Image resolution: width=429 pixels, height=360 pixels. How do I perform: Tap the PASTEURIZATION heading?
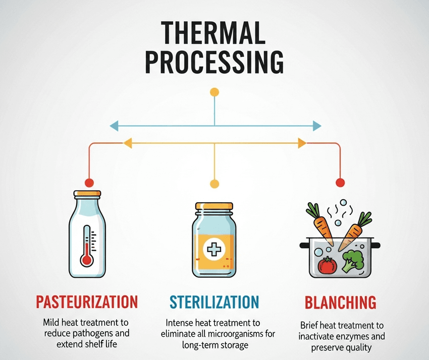(x=87, y=302)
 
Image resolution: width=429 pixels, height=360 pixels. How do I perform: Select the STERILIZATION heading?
(x=214, y=302)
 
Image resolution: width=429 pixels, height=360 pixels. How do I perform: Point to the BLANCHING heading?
(x=340, y=303)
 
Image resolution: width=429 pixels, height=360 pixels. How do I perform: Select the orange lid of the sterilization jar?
(x=214, y=206)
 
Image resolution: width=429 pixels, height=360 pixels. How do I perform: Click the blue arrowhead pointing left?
(x=114, y=126)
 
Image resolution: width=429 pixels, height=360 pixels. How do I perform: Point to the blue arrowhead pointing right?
(x=316, y=126)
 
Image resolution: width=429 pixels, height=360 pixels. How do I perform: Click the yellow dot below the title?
(x=215, y=92)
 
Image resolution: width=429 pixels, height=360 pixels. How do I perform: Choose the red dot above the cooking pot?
(x=340, y=182)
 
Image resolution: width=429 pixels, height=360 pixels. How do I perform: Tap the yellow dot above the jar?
(x=215, y=183)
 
